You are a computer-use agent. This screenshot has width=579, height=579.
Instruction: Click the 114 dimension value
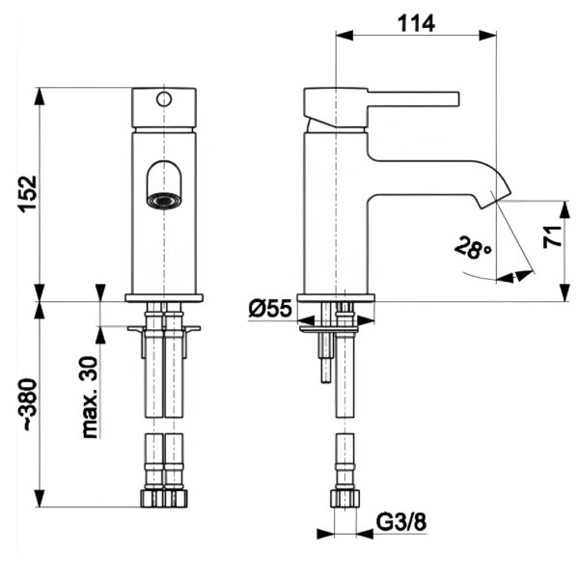[417, 21]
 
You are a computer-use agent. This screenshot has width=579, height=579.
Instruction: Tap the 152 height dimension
[26, 193]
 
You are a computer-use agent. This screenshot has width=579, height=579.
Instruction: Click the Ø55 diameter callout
[269, 309]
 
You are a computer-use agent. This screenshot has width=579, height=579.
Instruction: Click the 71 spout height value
[551, 237]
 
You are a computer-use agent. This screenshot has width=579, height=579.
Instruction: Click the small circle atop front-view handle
[163, 97]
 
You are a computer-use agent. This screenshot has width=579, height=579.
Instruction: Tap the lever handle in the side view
[405, 97]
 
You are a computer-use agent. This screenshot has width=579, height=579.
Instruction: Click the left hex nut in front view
[153, 498]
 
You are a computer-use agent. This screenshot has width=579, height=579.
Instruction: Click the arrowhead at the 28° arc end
[522, 275]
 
